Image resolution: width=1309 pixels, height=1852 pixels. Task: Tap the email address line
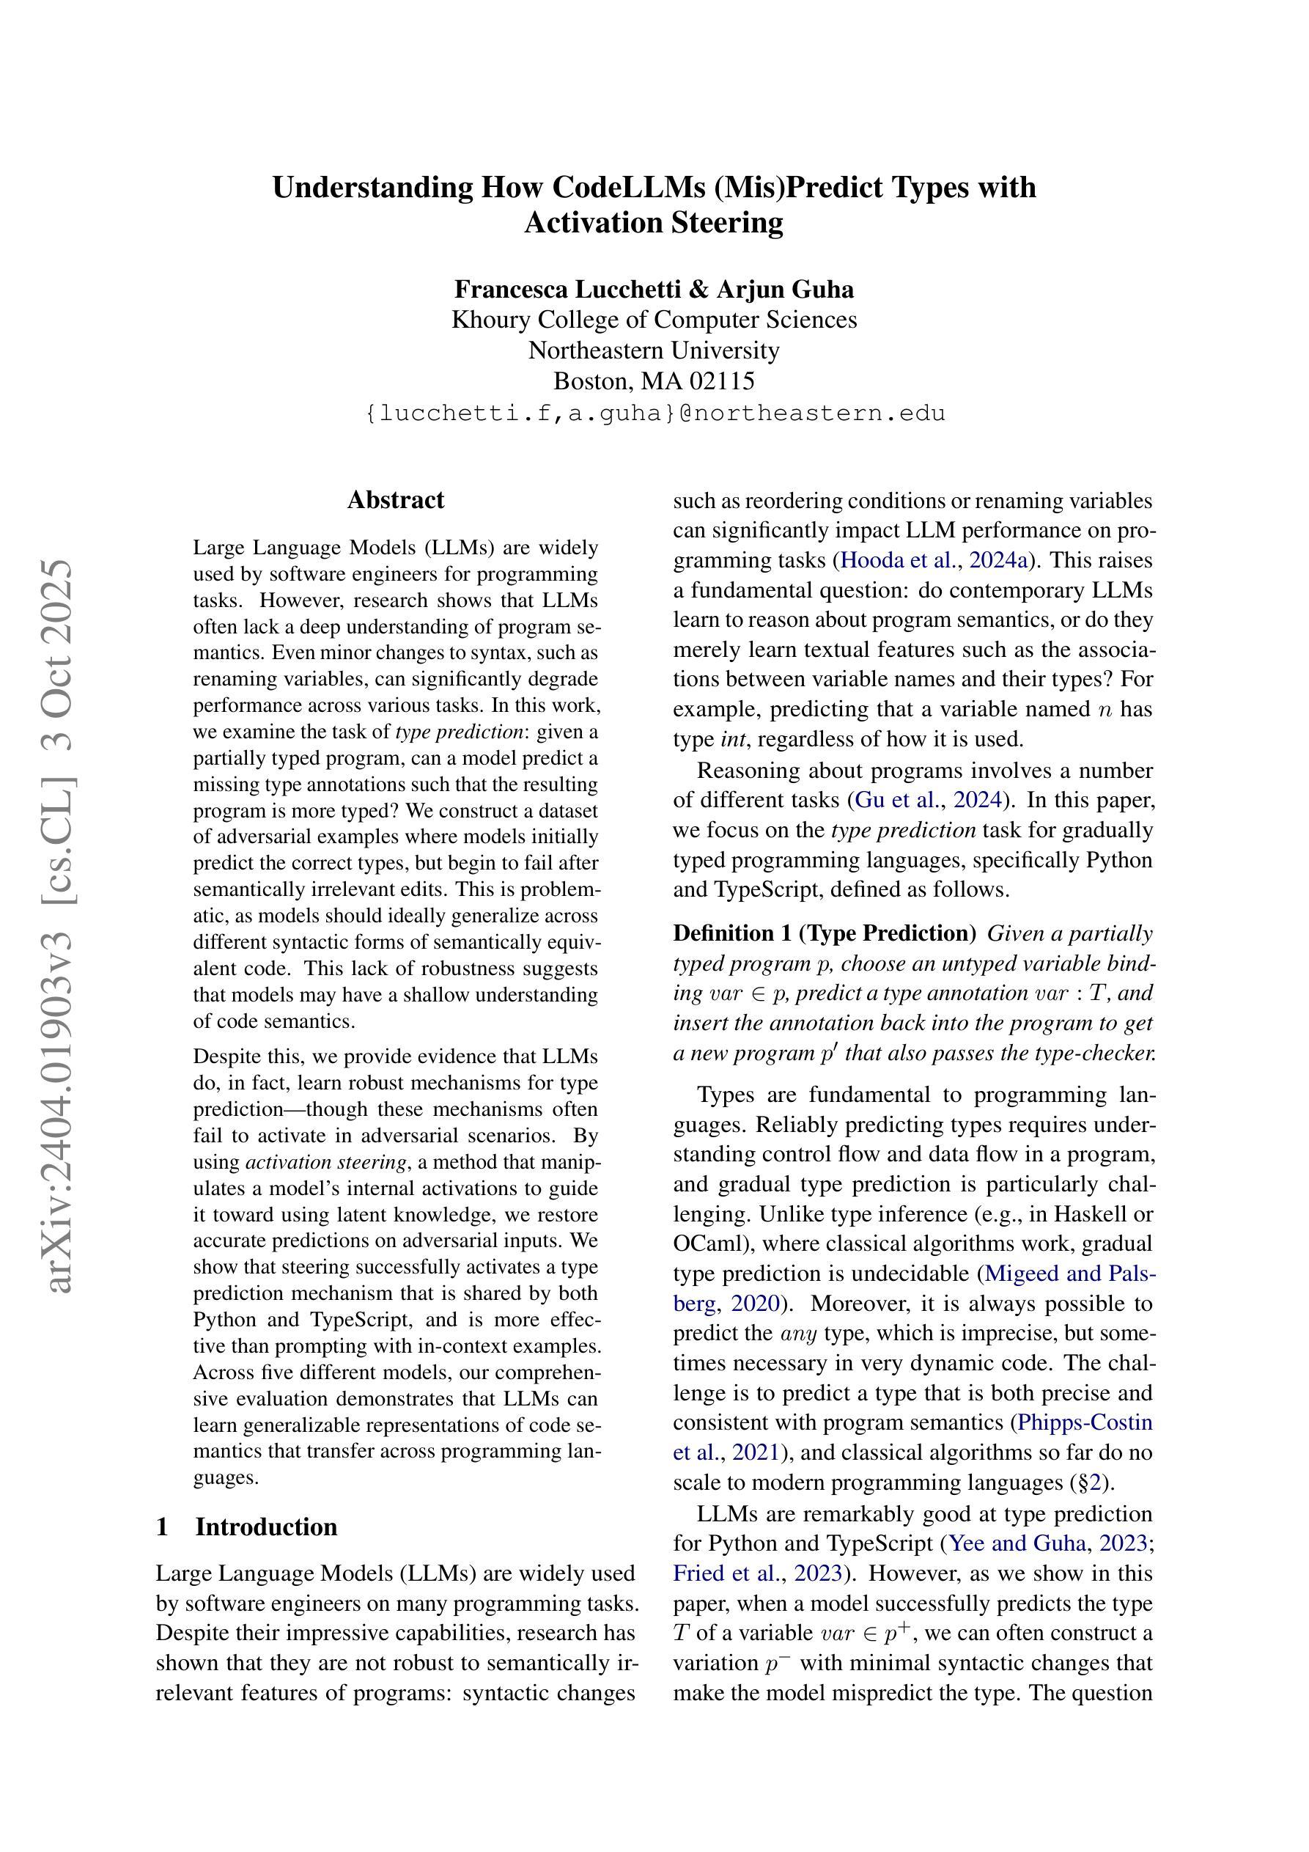654,413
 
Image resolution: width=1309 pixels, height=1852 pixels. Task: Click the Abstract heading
395,500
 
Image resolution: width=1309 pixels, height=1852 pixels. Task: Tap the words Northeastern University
654,350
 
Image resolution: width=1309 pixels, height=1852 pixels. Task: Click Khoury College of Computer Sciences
654,320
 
